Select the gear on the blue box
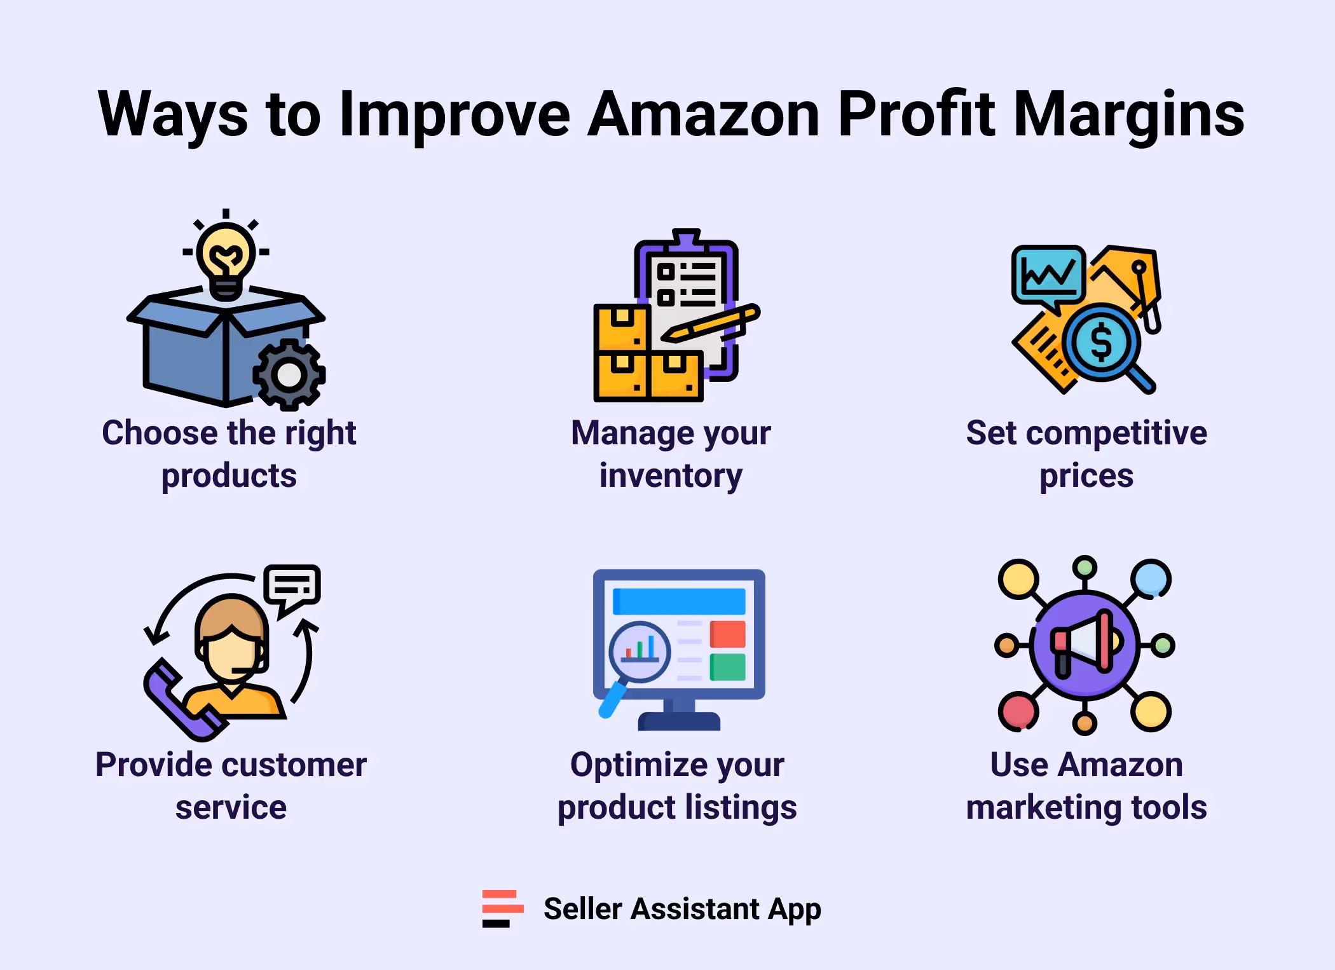[289, 375]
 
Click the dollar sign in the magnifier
[1101, 342]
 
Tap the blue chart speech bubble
[1048, 275]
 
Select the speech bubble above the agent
[292, 586]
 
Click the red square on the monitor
[727, 634]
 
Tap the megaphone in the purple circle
[1085, 644]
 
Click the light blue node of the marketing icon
[1151, 578]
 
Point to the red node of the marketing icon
[1018, 711]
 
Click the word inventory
[671, 476]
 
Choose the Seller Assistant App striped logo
[502, 909]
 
